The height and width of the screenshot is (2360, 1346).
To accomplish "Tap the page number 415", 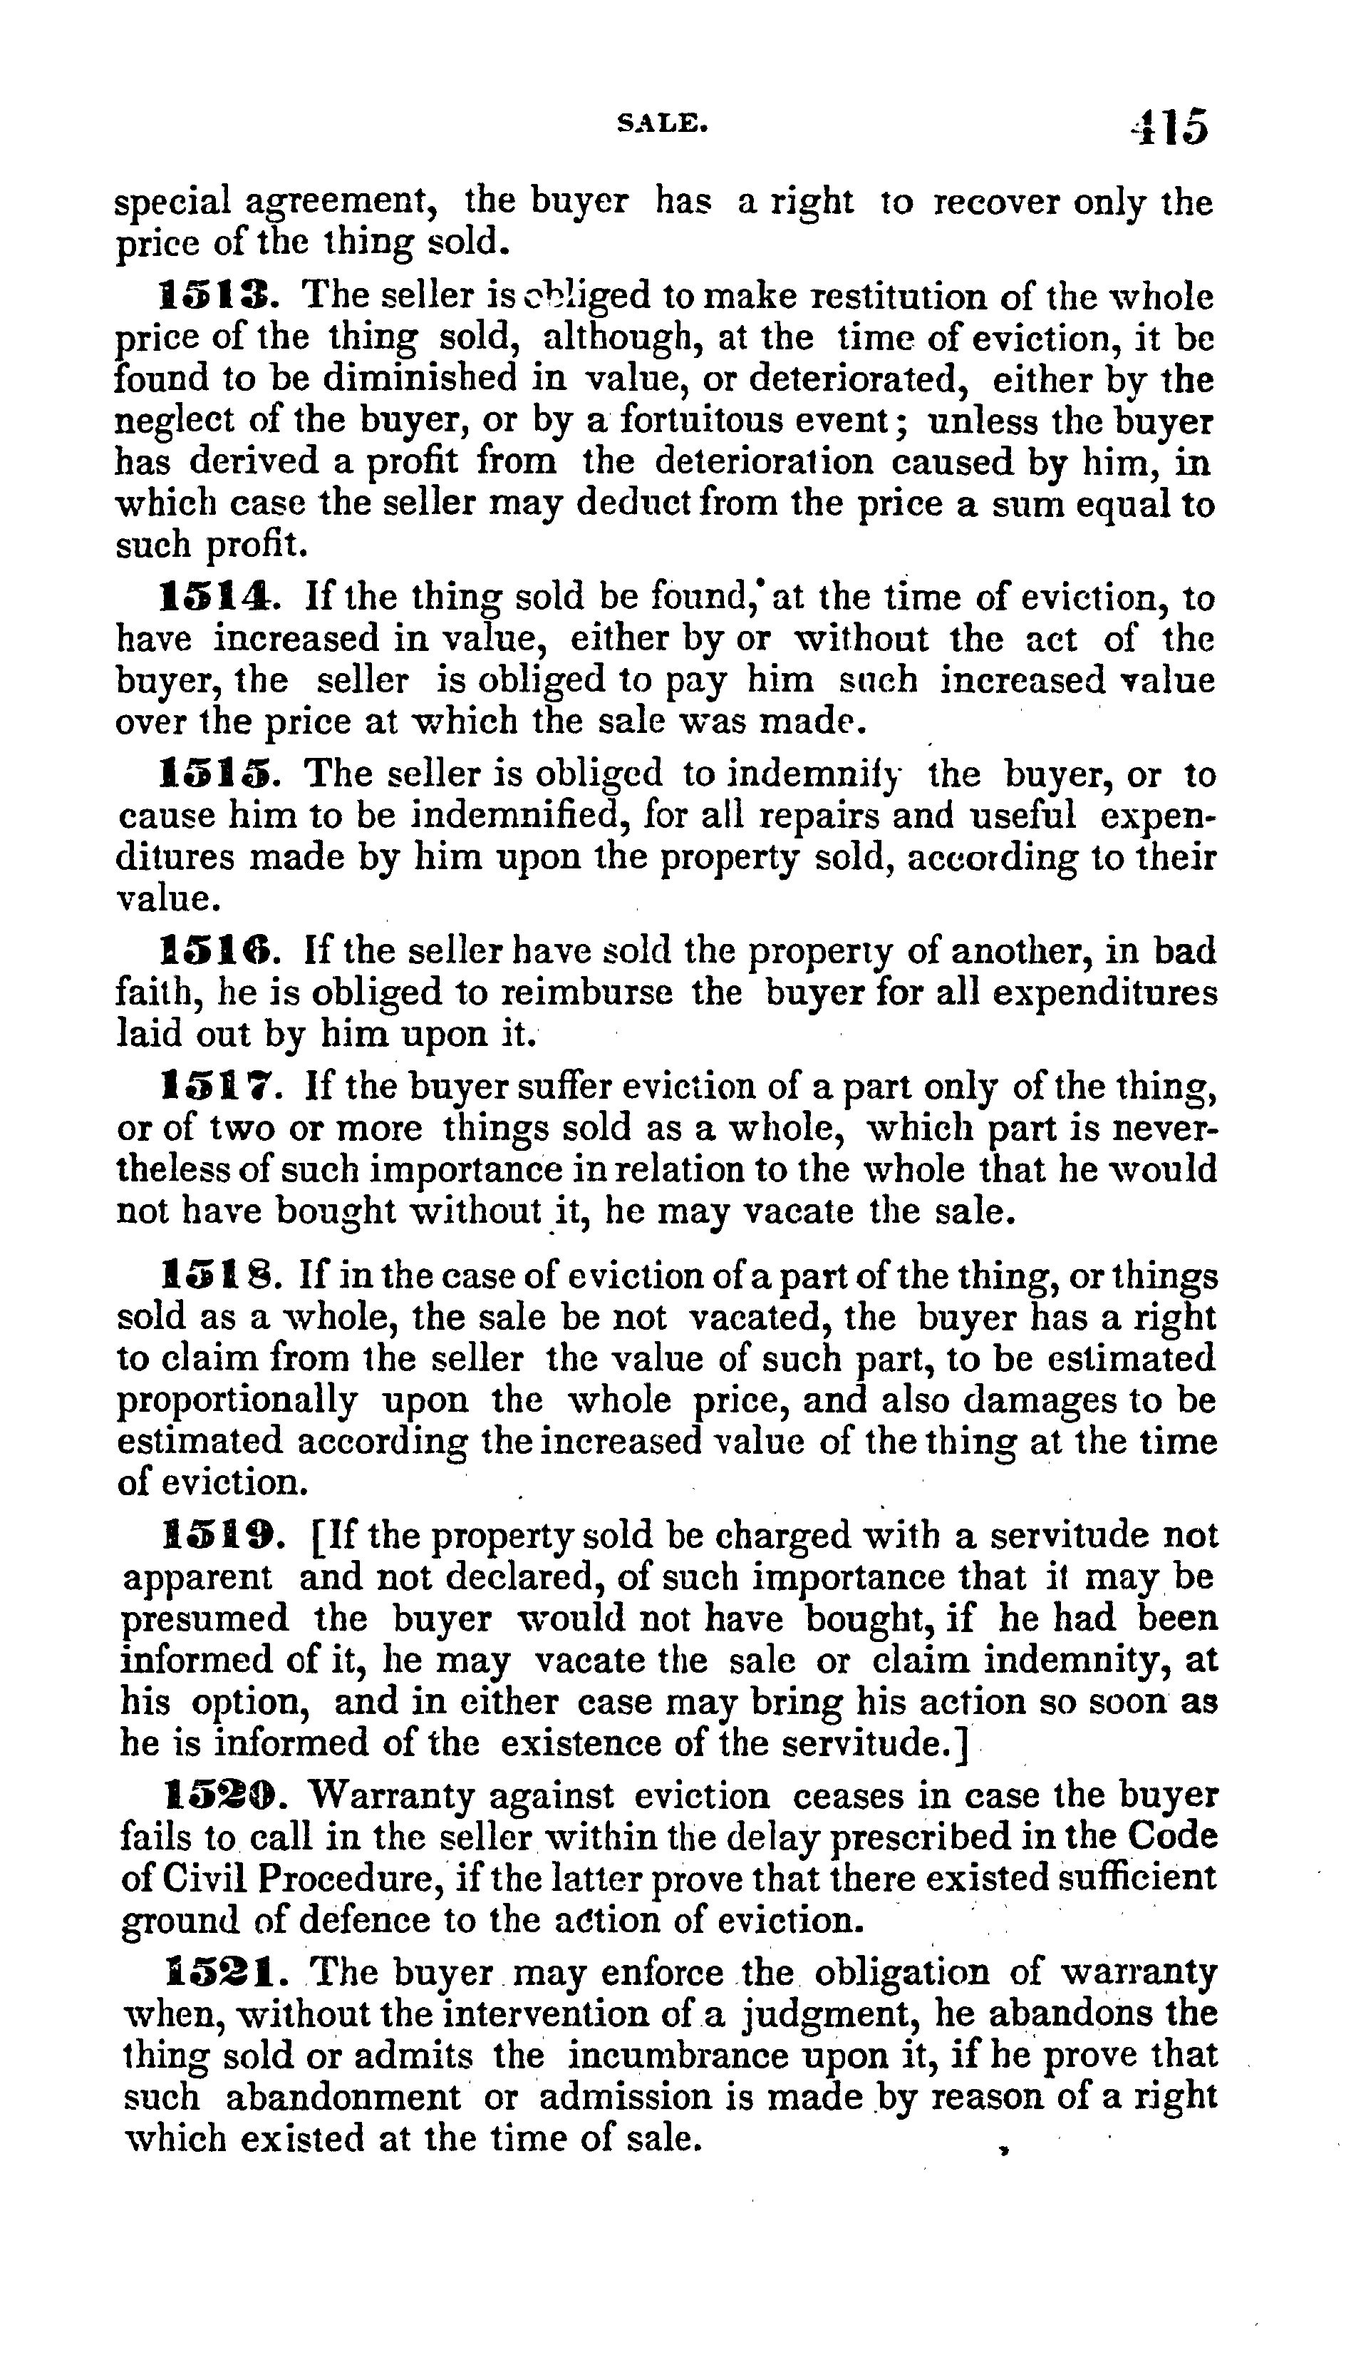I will (x=1169, y=127).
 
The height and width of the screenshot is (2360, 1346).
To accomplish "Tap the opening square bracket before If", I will (x=317, y=1538).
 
